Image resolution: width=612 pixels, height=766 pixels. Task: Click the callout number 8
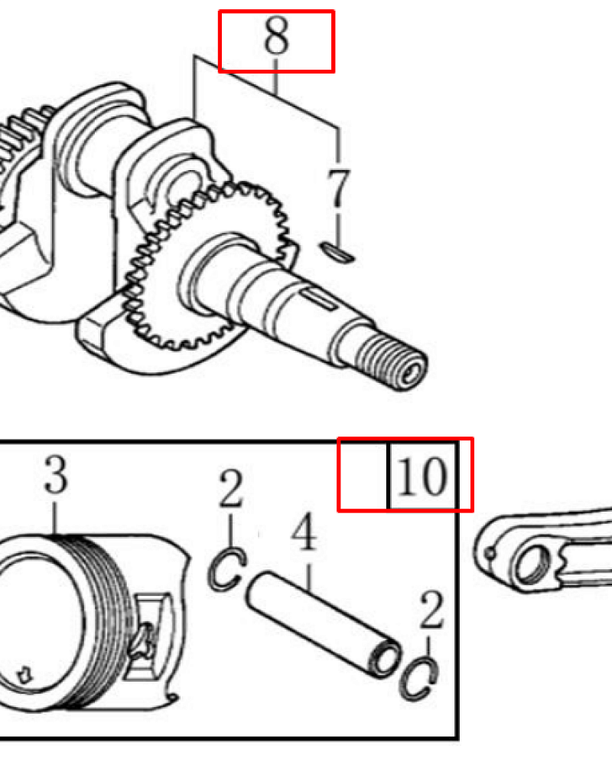276,37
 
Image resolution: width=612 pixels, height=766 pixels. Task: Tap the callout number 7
338,188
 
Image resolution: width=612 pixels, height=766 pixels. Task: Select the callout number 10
422,476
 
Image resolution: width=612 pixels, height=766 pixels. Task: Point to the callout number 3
56,474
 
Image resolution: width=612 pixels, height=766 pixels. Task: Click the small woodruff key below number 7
337,252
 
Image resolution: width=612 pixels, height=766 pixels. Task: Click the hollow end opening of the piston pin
386,659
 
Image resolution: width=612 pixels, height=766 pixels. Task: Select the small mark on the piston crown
23,675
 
